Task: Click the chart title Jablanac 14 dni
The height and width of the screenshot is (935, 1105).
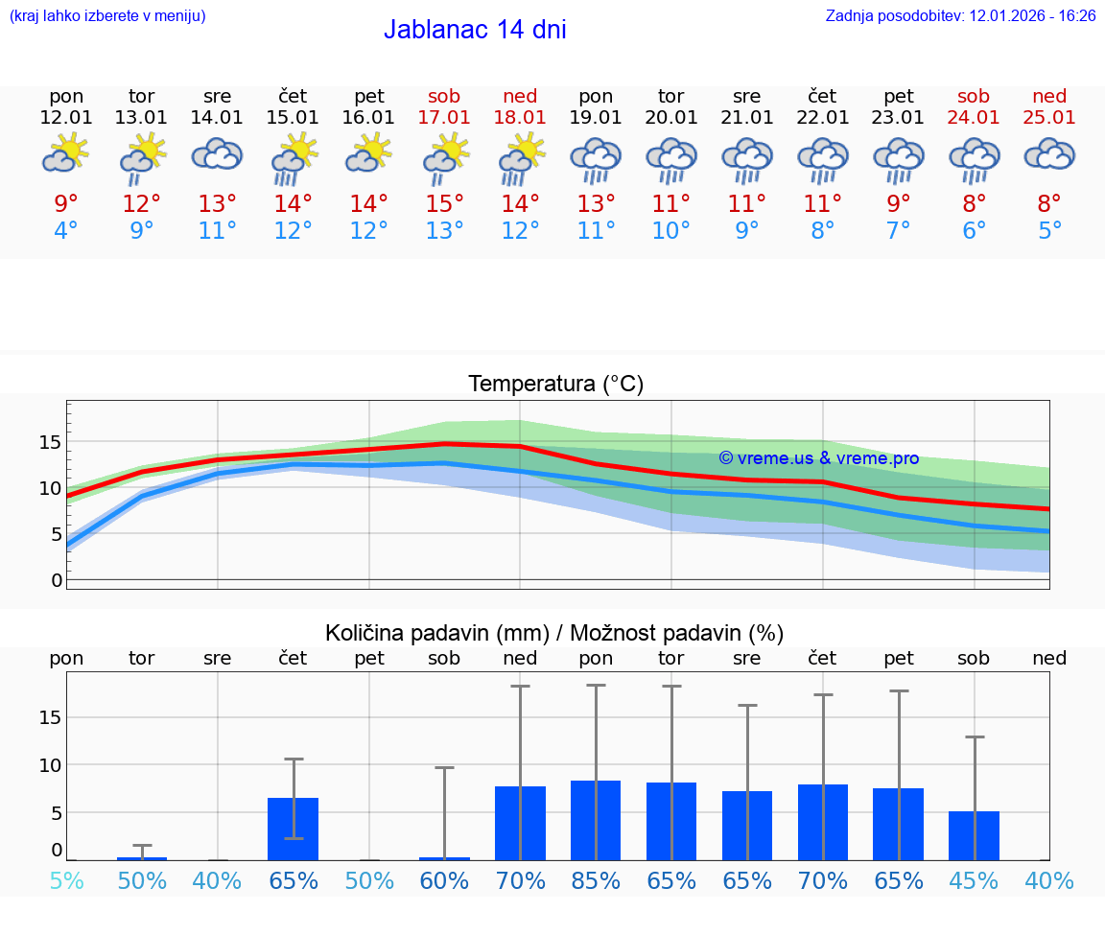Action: coord(475,30)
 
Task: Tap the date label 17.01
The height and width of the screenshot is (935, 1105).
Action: coord(444,117)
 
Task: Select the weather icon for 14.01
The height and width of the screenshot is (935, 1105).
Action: coord(218,154)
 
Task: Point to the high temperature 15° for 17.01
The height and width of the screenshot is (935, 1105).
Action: coord(444,204)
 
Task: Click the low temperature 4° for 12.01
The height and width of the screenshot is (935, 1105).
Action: coord(66,231)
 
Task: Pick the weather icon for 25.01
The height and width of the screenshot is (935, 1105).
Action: coord(1049,154)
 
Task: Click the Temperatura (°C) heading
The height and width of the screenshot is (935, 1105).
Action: coord(555,385)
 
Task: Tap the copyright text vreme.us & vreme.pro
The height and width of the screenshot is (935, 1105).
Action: coord(818,458)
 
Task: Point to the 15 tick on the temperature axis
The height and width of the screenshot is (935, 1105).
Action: coord(50,442)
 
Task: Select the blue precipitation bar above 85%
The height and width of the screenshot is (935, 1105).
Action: coord(596,820)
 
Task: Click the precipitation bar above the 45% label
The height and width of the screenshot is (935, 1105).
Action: coord(974,835)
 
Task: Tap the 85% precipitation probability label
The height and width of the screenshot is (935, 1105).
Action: coord(596,880)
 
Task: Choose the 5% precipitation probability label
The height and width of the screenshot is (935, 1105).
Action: coord(66,880)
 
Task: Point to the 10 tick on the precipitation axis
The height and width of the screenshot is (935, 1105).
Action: coord(50,765)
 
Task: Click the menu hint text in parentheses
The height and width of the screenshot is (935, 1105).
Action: coord(107,16)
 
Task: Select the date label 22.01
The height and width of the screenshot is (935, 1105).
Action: coord(822,117)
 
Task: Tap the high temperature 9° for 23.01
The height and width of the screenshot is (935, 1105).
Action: coord(898,204)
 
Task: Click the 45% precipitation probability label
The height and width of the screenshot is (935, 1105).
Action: coord(974,880)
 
